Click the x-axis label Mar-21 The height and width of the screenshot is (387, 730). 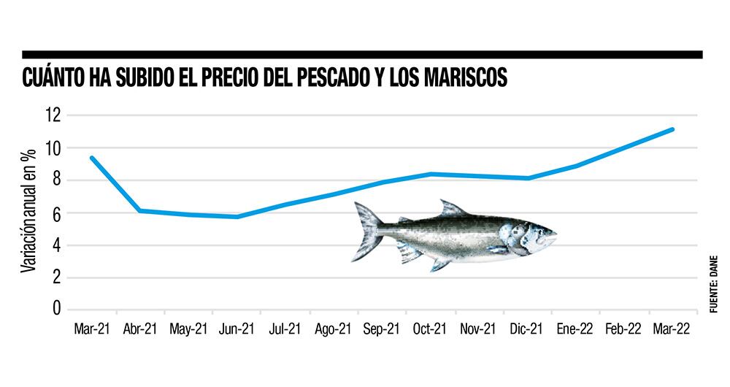click(x=92, y=329)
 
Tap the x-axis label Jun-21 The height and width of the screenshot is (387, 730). click(x=237, y=329)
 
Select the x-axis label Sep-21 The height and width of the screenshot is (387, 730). click(x=382, y=329)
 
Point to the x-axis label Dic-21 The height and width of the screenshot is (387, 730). click(x=527, y=329)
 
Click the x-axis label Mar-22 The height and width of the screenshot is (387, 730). click(x=672, y=329)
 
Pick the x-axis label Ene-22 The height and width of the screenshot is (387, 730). click(x=575, y=329)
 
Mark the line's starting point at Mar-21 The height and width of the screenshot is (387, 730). click(x=92, y=158)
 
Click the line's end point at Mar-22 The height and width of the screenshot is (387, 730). click(x=672, y=129)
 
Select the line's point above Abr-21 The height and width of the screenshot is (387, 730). click(x=140, y=210)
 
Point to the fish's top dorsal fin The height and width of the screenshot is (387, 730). click(x=452, y=209)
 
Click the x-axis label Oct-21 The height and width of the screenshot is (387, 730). click(x=430, y=329)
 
